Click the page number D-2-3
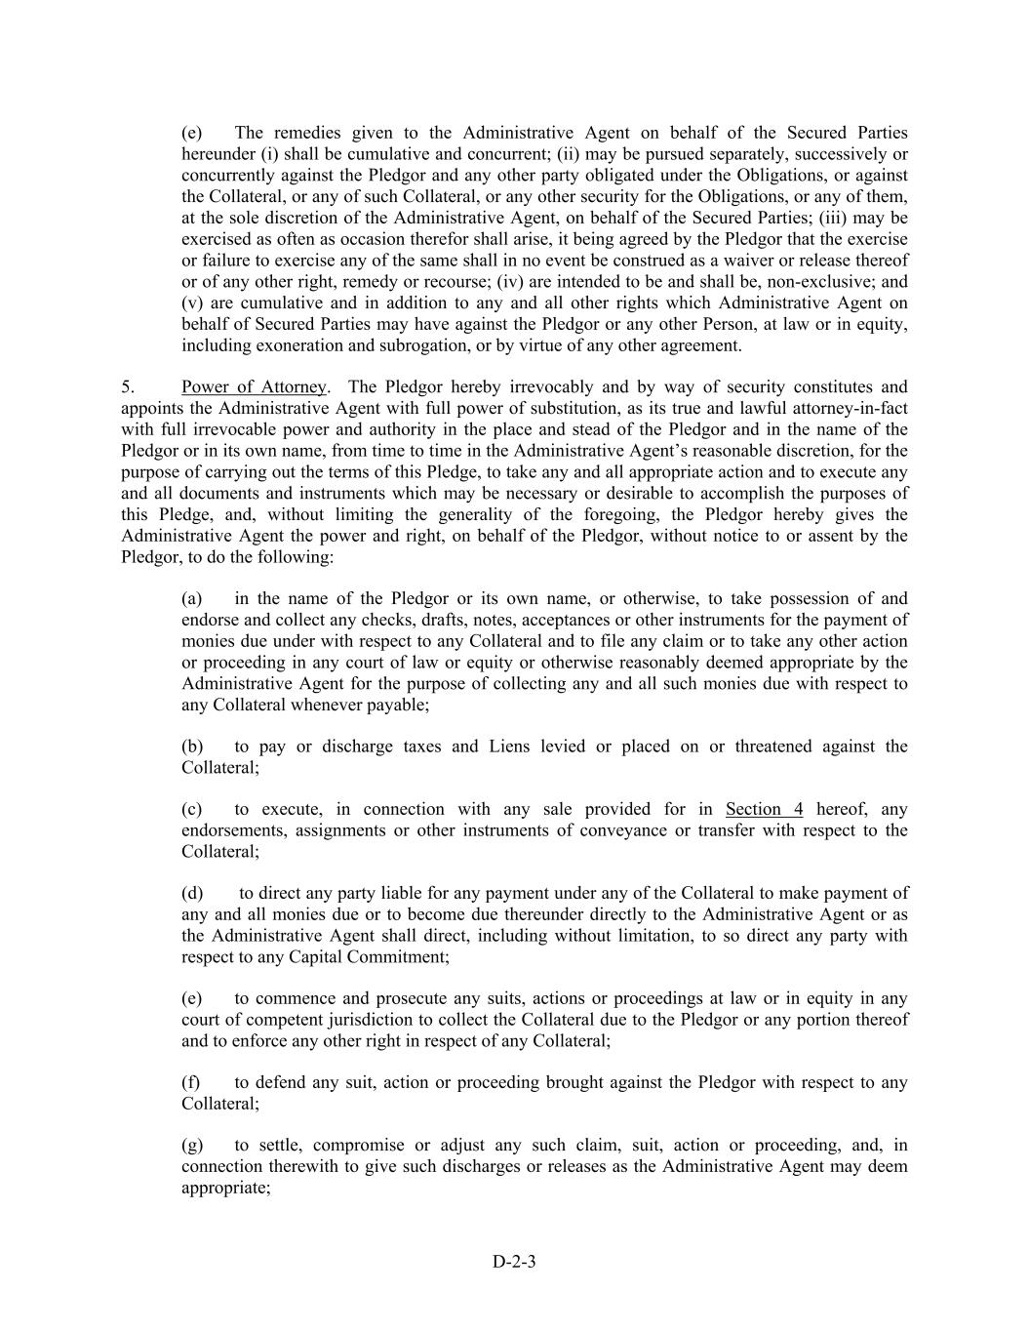point(514,1261)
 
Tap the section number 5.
point(128,386)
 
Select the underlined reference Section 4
point(764,809)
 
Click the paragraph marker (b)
point(192,747)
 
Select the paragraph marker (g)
point(192,1145)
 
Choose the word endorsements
point(234,830)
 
